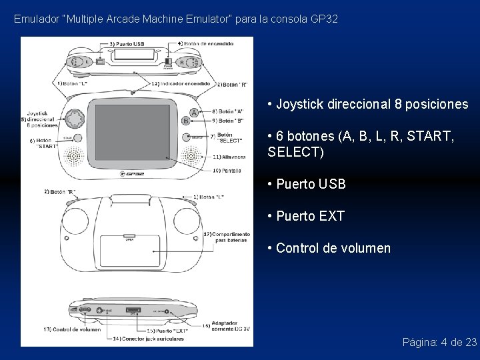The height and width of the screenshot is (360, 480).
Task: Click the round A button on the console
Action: click(193, 111)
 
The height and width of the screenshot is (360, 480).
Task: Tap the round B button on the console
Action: click(186, 121)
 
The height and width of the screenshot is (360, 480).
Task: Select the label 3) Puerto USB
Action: click(128, 43)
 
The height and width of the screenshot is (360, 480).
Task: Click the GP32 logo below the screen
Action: click(136, 175)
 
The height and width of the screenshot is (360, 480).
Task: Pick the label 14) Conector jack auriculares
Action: click(147, 339)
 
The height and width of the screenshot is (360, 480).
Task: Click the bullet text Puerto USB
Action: click(306, 183)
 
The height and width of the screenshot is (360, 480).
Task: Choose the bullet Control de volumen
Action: click(329, 249)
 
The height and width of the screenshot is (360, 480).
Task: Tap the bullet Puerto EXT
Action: click(305, 216)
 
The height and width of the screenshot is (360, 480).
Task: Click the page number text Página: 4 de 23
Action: click(439, 342)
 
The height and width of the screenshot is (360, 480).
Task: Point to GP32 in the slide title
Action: click(325, 19)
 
